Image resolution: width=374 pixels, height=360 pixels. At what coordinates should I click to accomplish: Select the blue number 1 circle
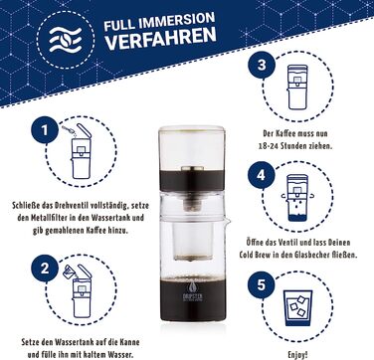(42, 130)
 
